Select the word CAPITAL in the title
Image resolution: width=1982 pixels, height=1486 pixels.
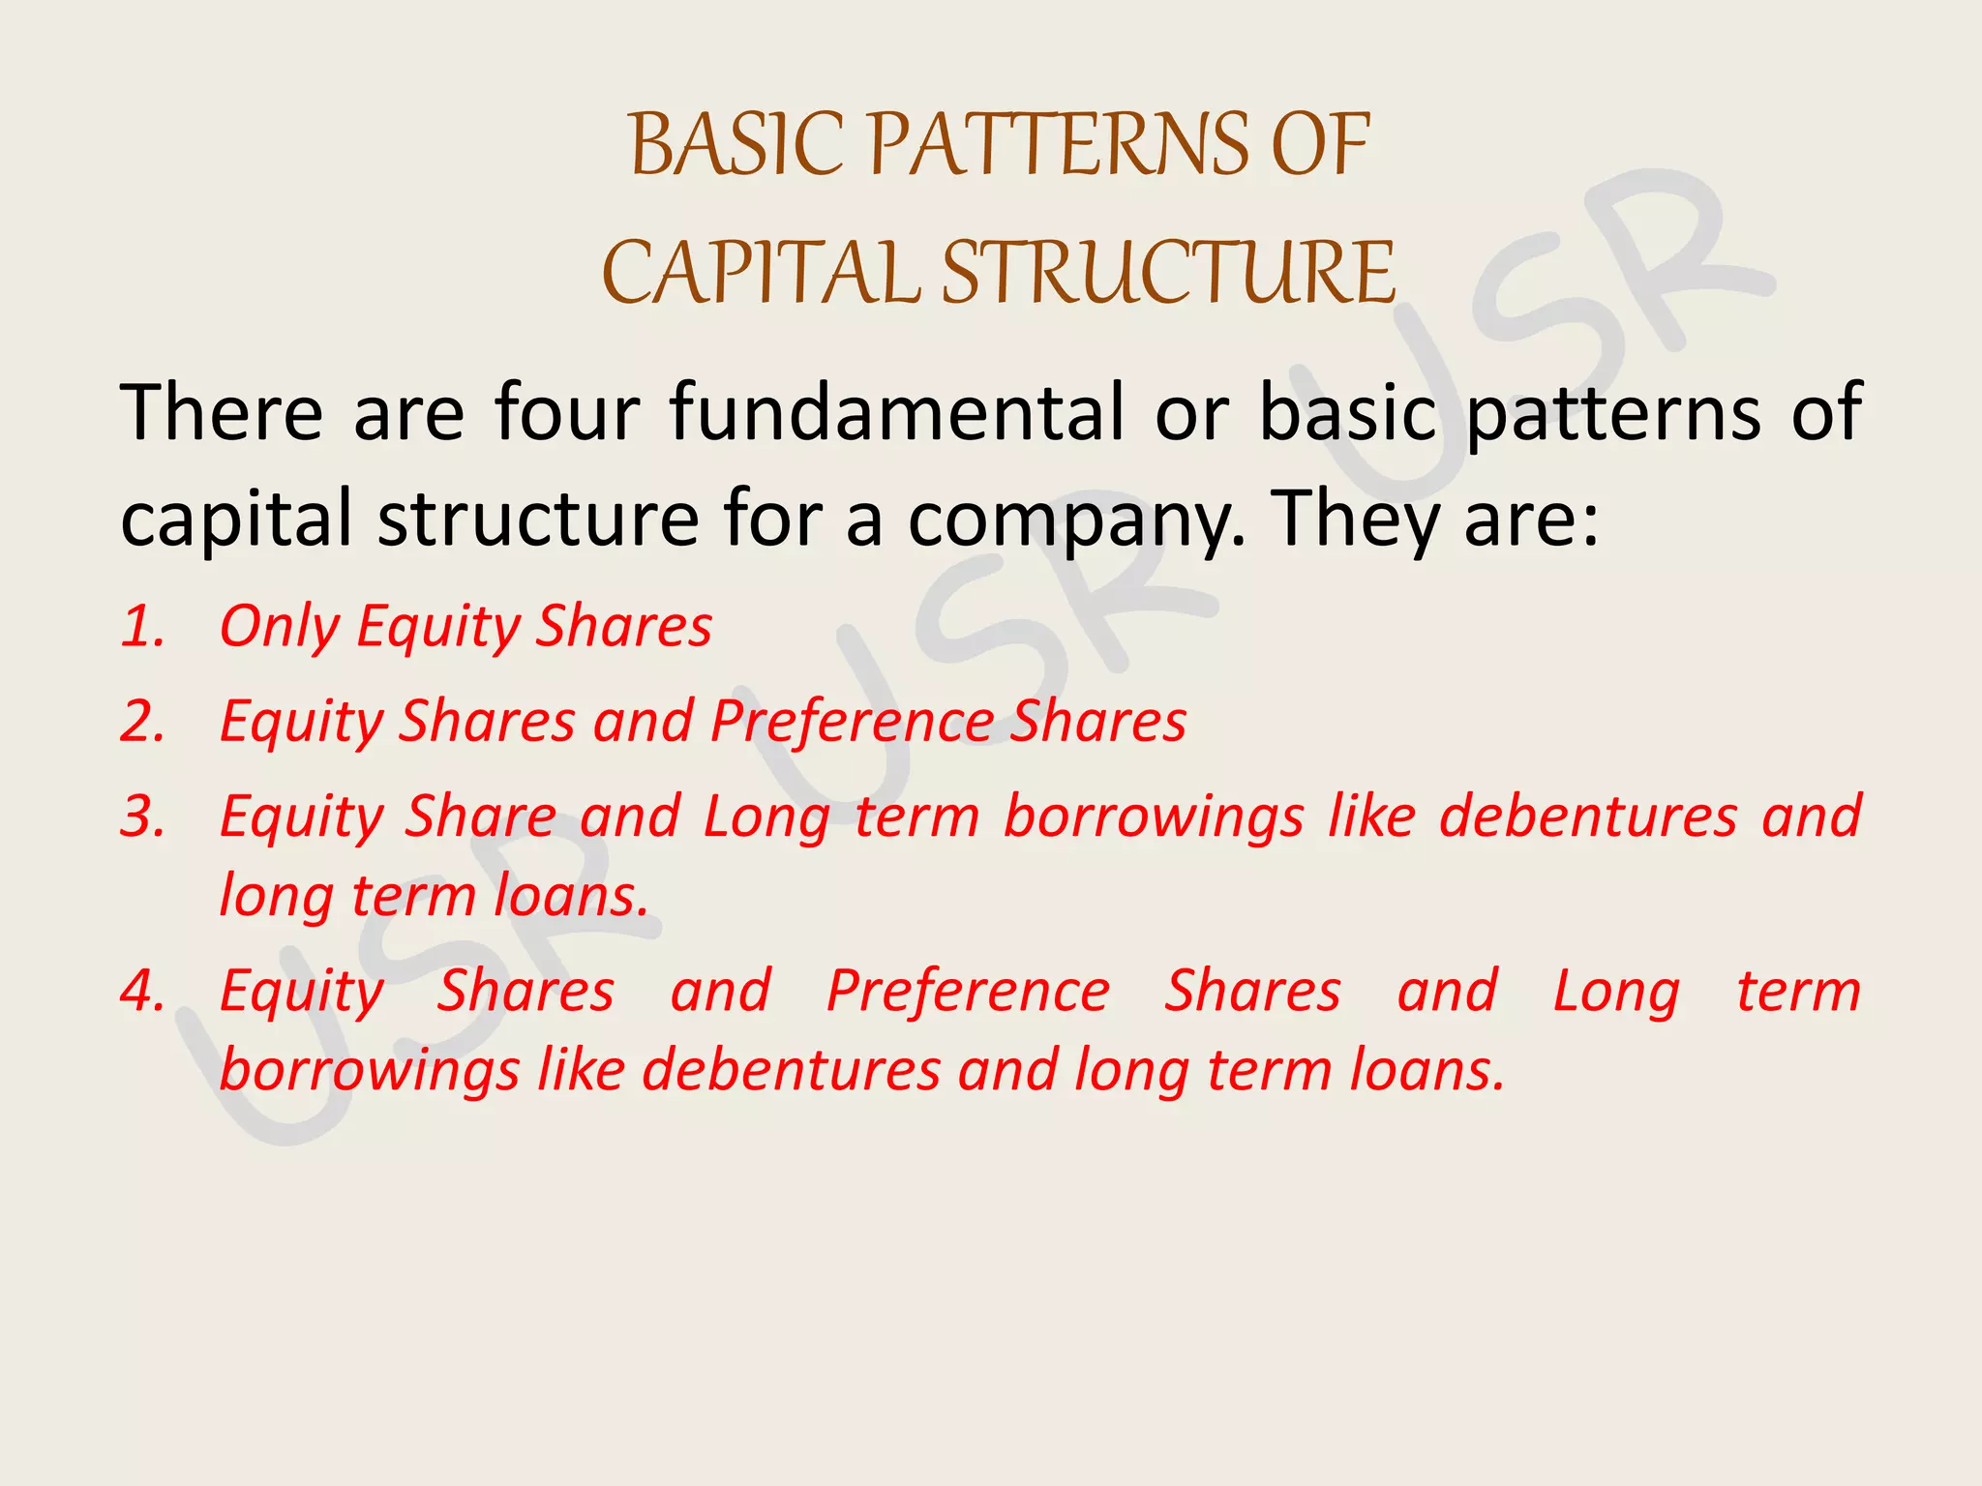(761, 273)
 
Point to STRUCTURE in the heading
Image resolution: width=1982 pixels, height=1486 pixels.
(1168, 273)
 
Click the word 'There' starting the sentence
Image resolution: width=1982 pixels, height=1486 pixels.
(221, 413)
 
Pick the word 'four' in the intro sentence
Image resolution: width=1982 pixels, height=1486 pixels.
(567, 413)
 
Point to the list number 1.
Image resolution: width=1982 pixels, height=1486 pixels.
(143, 626)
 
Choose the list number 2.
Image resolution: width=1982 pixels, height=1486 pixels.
(143, 722)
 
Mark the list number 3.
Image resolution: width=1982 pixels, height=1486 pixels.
(143, 817)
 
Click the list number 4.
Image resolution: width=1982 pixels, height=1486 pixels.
(143, 992)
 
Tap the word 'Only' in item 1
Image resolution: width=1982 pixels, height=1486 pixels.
(279, 626)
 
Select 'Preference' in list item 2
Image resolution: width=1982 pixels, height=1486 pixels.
(852, 722)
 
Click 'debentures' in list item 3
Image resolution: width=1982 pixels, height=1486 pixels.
(1588, 817)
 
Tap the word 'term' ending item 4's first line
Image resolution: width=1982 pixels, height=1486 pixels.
(1798, 992)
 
